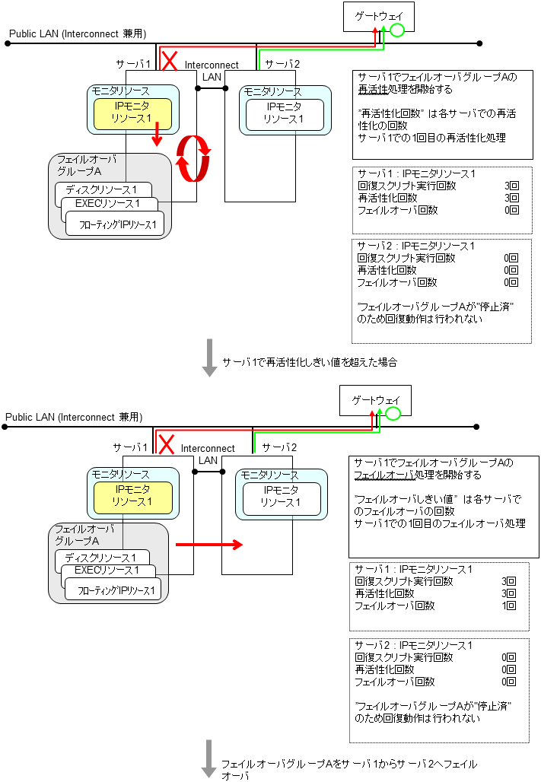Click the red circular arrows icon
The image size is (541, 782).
193,159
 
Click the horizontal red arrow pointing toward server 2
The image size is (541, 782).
209,545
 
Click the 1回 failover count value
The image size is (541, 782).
509,606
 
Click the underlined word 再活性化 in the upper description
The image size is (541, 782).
376,90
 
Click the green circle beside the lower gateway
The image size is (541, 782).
393,414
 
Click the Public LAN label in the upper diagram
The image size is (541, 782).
77,33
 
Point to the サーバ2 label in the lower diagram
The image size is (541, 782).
278,447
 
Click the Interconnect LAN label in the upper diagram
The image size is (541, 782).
212,71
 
